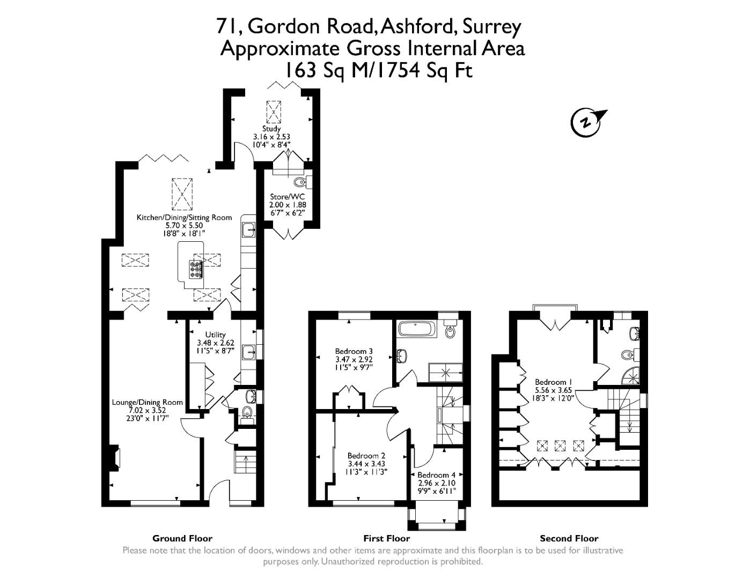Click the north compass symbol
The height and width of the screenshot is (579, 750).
(586, 122)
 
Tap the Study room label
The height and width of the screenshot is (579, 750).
(271, 129)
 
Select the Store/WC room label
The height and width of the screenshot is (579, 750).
(288, 197)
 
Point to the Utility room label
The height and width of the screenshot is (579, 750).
(216, 335)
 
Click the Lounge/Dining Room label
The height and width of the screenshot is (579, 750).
(147, 402)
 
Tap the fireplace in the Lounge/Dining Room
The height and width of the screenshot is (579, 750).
(115, 458)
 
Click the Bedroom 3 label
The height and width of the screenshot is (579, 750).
(354, 352)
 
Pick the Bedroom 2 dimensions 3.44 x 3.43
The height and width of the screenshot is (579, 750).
(366, 464)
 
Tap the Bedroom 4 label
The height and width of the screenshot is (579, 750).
(436, 475)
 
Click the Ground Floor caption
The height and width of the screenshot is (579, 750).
(182, 538)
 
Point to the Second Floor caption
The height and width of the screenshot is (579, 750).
(569, 538)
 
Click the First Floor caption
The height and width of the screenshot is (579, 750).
(386, 538)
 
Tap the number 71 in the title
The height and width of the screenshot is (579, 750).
(227, 26)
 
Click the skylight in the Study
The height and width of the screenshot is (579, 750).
(273, 112)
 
